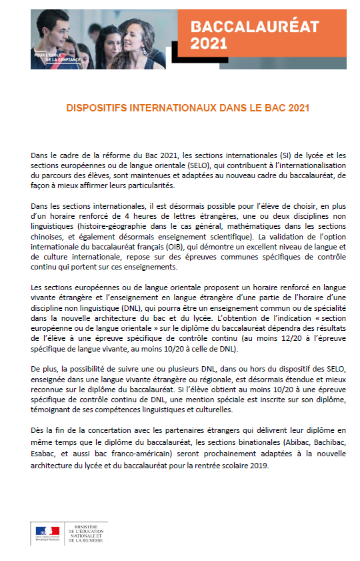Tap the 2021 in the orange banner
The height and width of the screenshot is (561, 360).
point(209,43)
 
